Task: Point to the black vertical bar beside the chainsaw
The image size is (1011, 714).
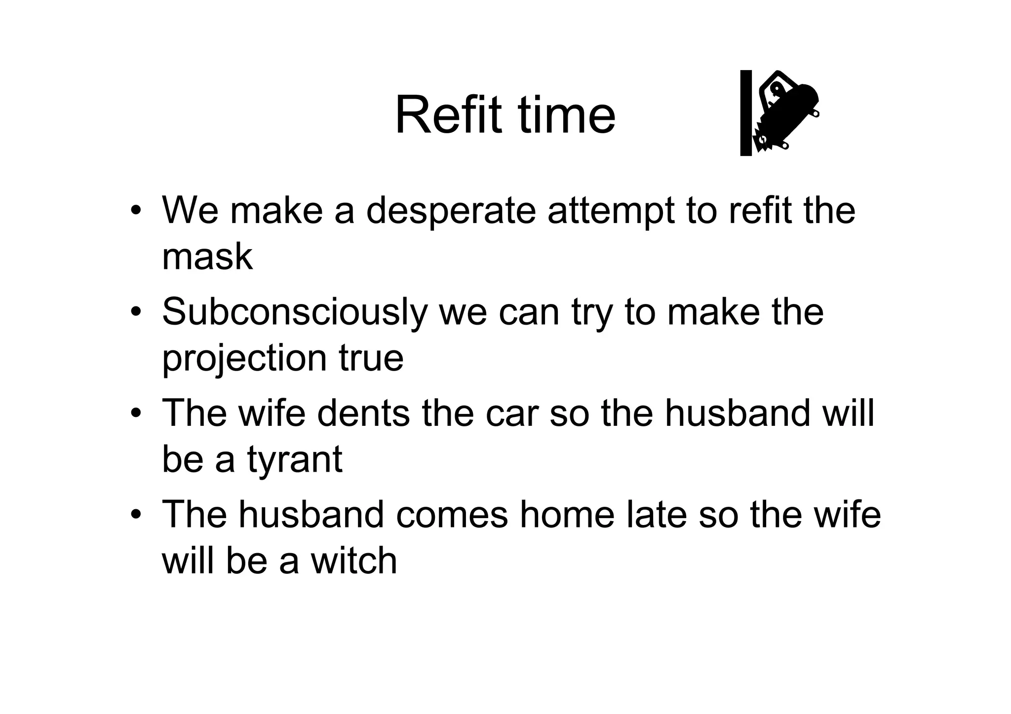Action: point(745,113)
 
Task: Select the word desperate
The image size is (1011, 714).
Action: point(451,211)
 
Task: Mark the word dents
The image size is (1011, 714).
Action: point(363,413)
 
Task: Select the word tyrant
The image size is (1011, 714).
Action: point(295,460)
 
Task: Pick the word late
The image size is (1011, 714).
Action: point(656,515)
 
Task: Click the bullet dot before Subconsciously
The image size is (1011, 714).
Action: point(136,313)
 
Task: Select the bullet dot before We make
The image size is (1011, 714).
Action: point(136,211)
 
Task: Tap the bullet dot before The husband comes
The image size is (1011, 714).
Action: point(136,515)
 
